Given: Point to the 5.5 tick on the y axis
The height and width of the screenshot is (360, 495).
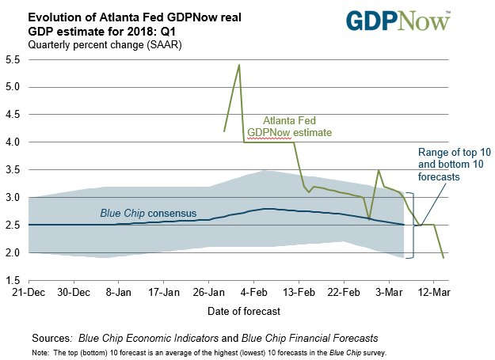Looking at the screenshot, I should (13, 59).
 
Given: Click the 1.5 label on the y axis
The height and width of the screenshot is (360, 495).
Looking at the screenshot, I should (13, 280).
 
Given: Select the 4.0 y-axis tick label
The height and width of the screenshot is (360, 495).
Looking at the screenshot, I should (13, 142).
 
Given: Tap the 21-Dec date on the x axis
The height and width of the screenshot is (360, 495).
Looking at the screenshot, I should (29, 292).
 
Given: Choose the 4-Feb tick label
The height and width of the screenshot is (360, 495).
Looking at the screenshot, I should (253, 292).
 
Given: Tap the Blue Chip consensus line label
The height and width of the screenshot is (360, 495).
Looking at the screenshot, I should (148, 214).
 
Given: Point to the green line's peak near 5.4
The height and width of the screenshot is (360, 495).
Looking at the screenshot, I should (239, 65).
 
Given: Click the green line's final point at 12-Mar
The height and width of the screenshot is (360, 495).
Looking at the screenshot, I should (444, 257).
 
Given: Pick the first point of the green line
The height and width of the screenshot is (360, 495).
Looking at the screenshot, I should (225, 131).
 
